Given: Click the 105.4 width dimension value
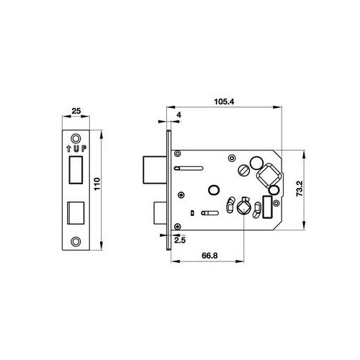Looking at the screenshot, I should click(x=223, y=103).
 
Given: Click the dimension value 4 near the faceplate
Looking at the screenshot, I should click(x=178, y=112).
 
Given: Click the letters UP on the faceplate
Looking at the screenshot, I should click(x=80, y=148).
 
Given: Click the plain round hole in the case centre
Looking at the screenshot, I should click(x=212, y=190).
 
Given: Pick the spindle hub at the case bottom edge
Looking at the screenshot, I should click(x=243, y=208).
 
